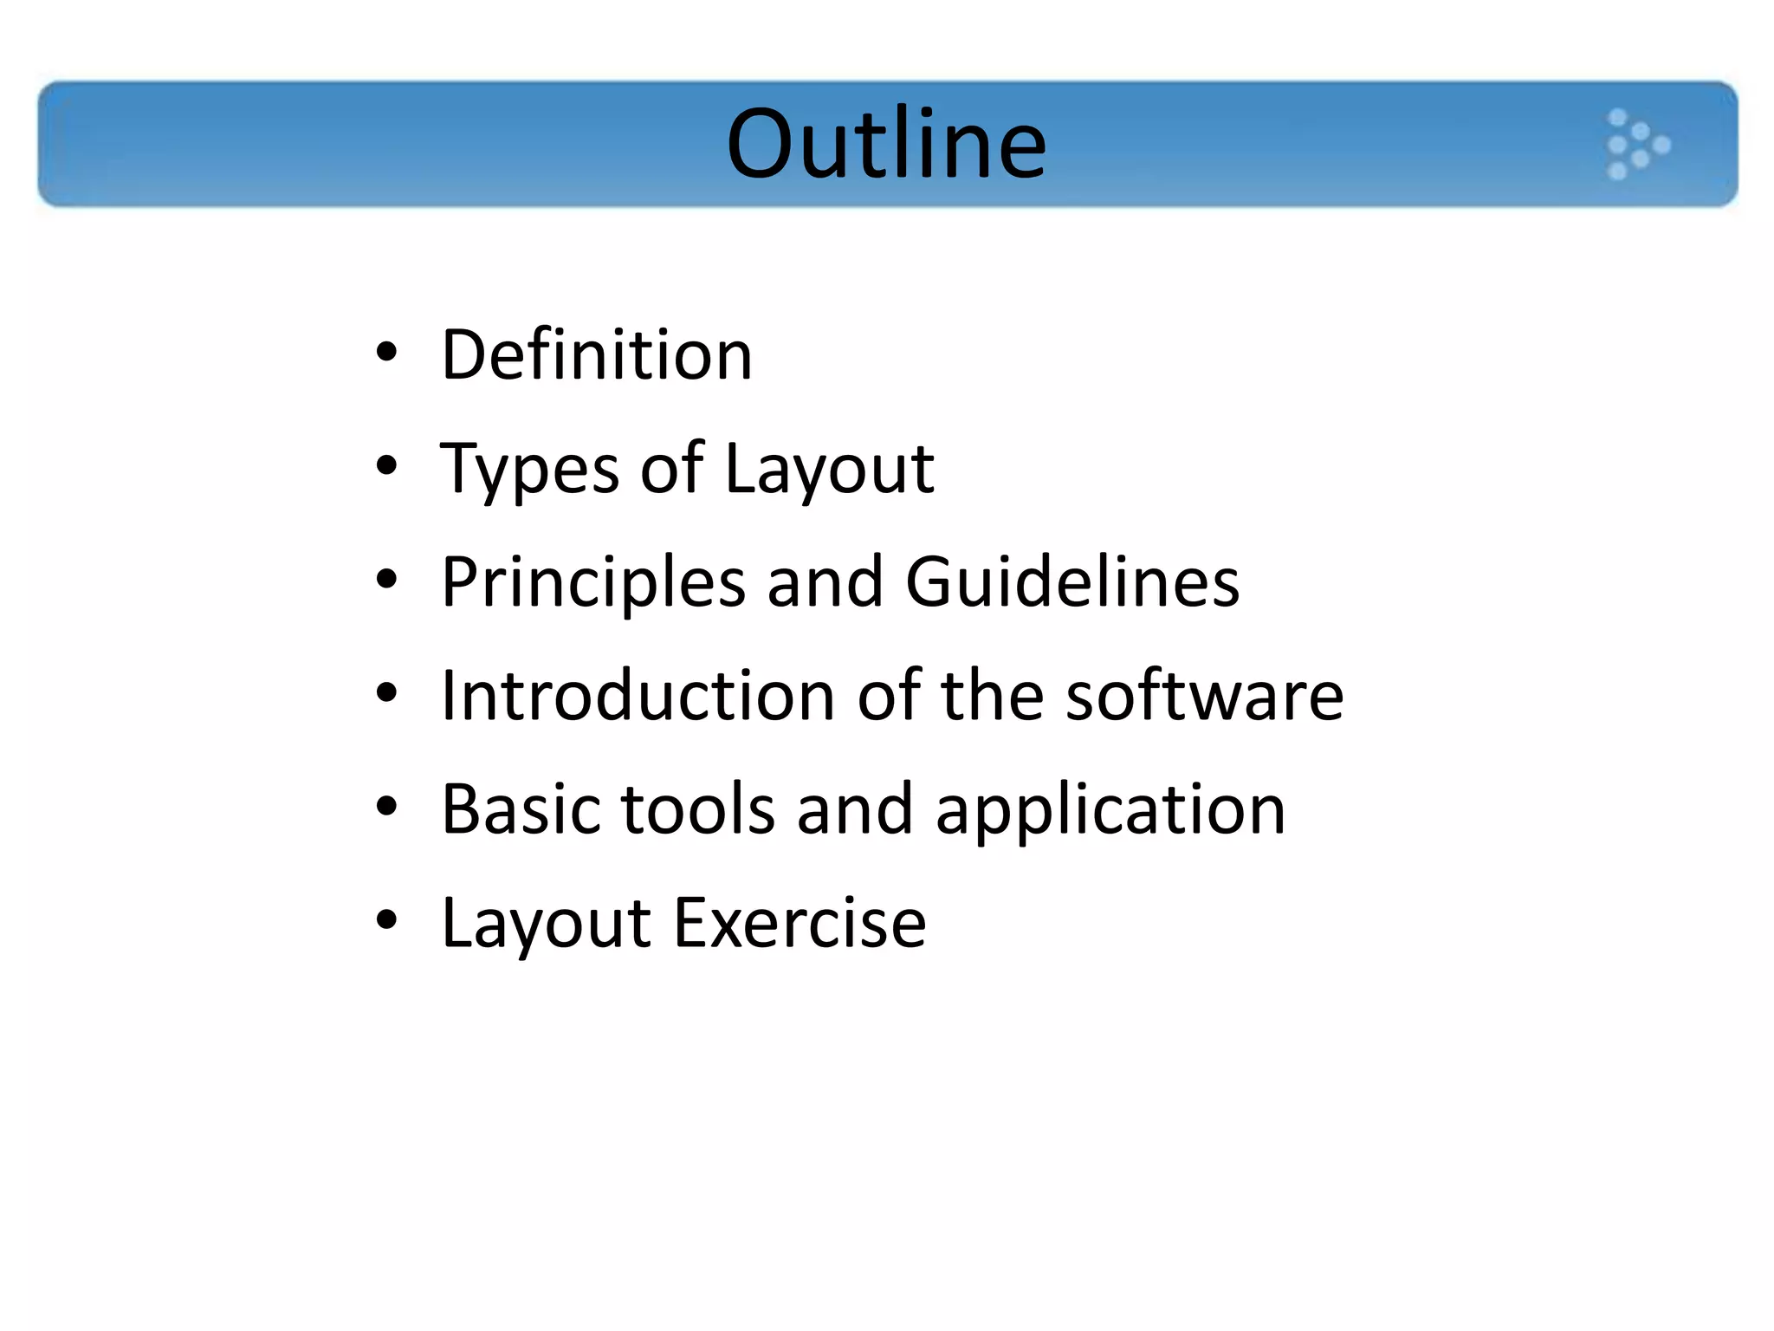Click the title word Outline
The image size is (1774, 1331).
(x=886, y=144)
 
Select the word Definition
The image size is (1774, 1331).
(x=597, y=354)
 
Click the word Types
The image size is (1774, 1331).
(x=529, y=469)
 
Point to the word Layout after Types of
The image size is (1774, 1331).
(x=829, y=469)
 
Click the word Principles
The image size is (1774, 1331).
(x=593, y=582)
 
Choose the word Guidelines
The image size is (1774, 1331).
(x=1072, y=581)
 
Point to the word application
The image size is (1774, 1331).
(x=1110, y=810)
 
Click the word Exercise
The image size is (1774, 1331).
(x=800, y=923)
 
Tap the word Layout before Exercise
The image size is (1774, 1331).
(x=546, y=924)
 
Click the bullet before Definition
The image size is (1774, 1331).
(x=386, y=353)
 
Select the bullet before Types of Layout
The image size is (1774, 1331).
(x=386, y=466)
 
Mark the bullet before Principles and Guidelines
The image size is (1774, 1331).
(x=386, y=580)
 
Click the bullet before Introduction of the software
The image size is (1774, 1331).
(x=386, y=693)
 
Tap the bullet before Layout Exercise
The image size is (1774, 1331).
(x=386, y=920)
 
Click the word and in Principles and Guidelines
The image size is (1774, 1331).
(x=825, y=581)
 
